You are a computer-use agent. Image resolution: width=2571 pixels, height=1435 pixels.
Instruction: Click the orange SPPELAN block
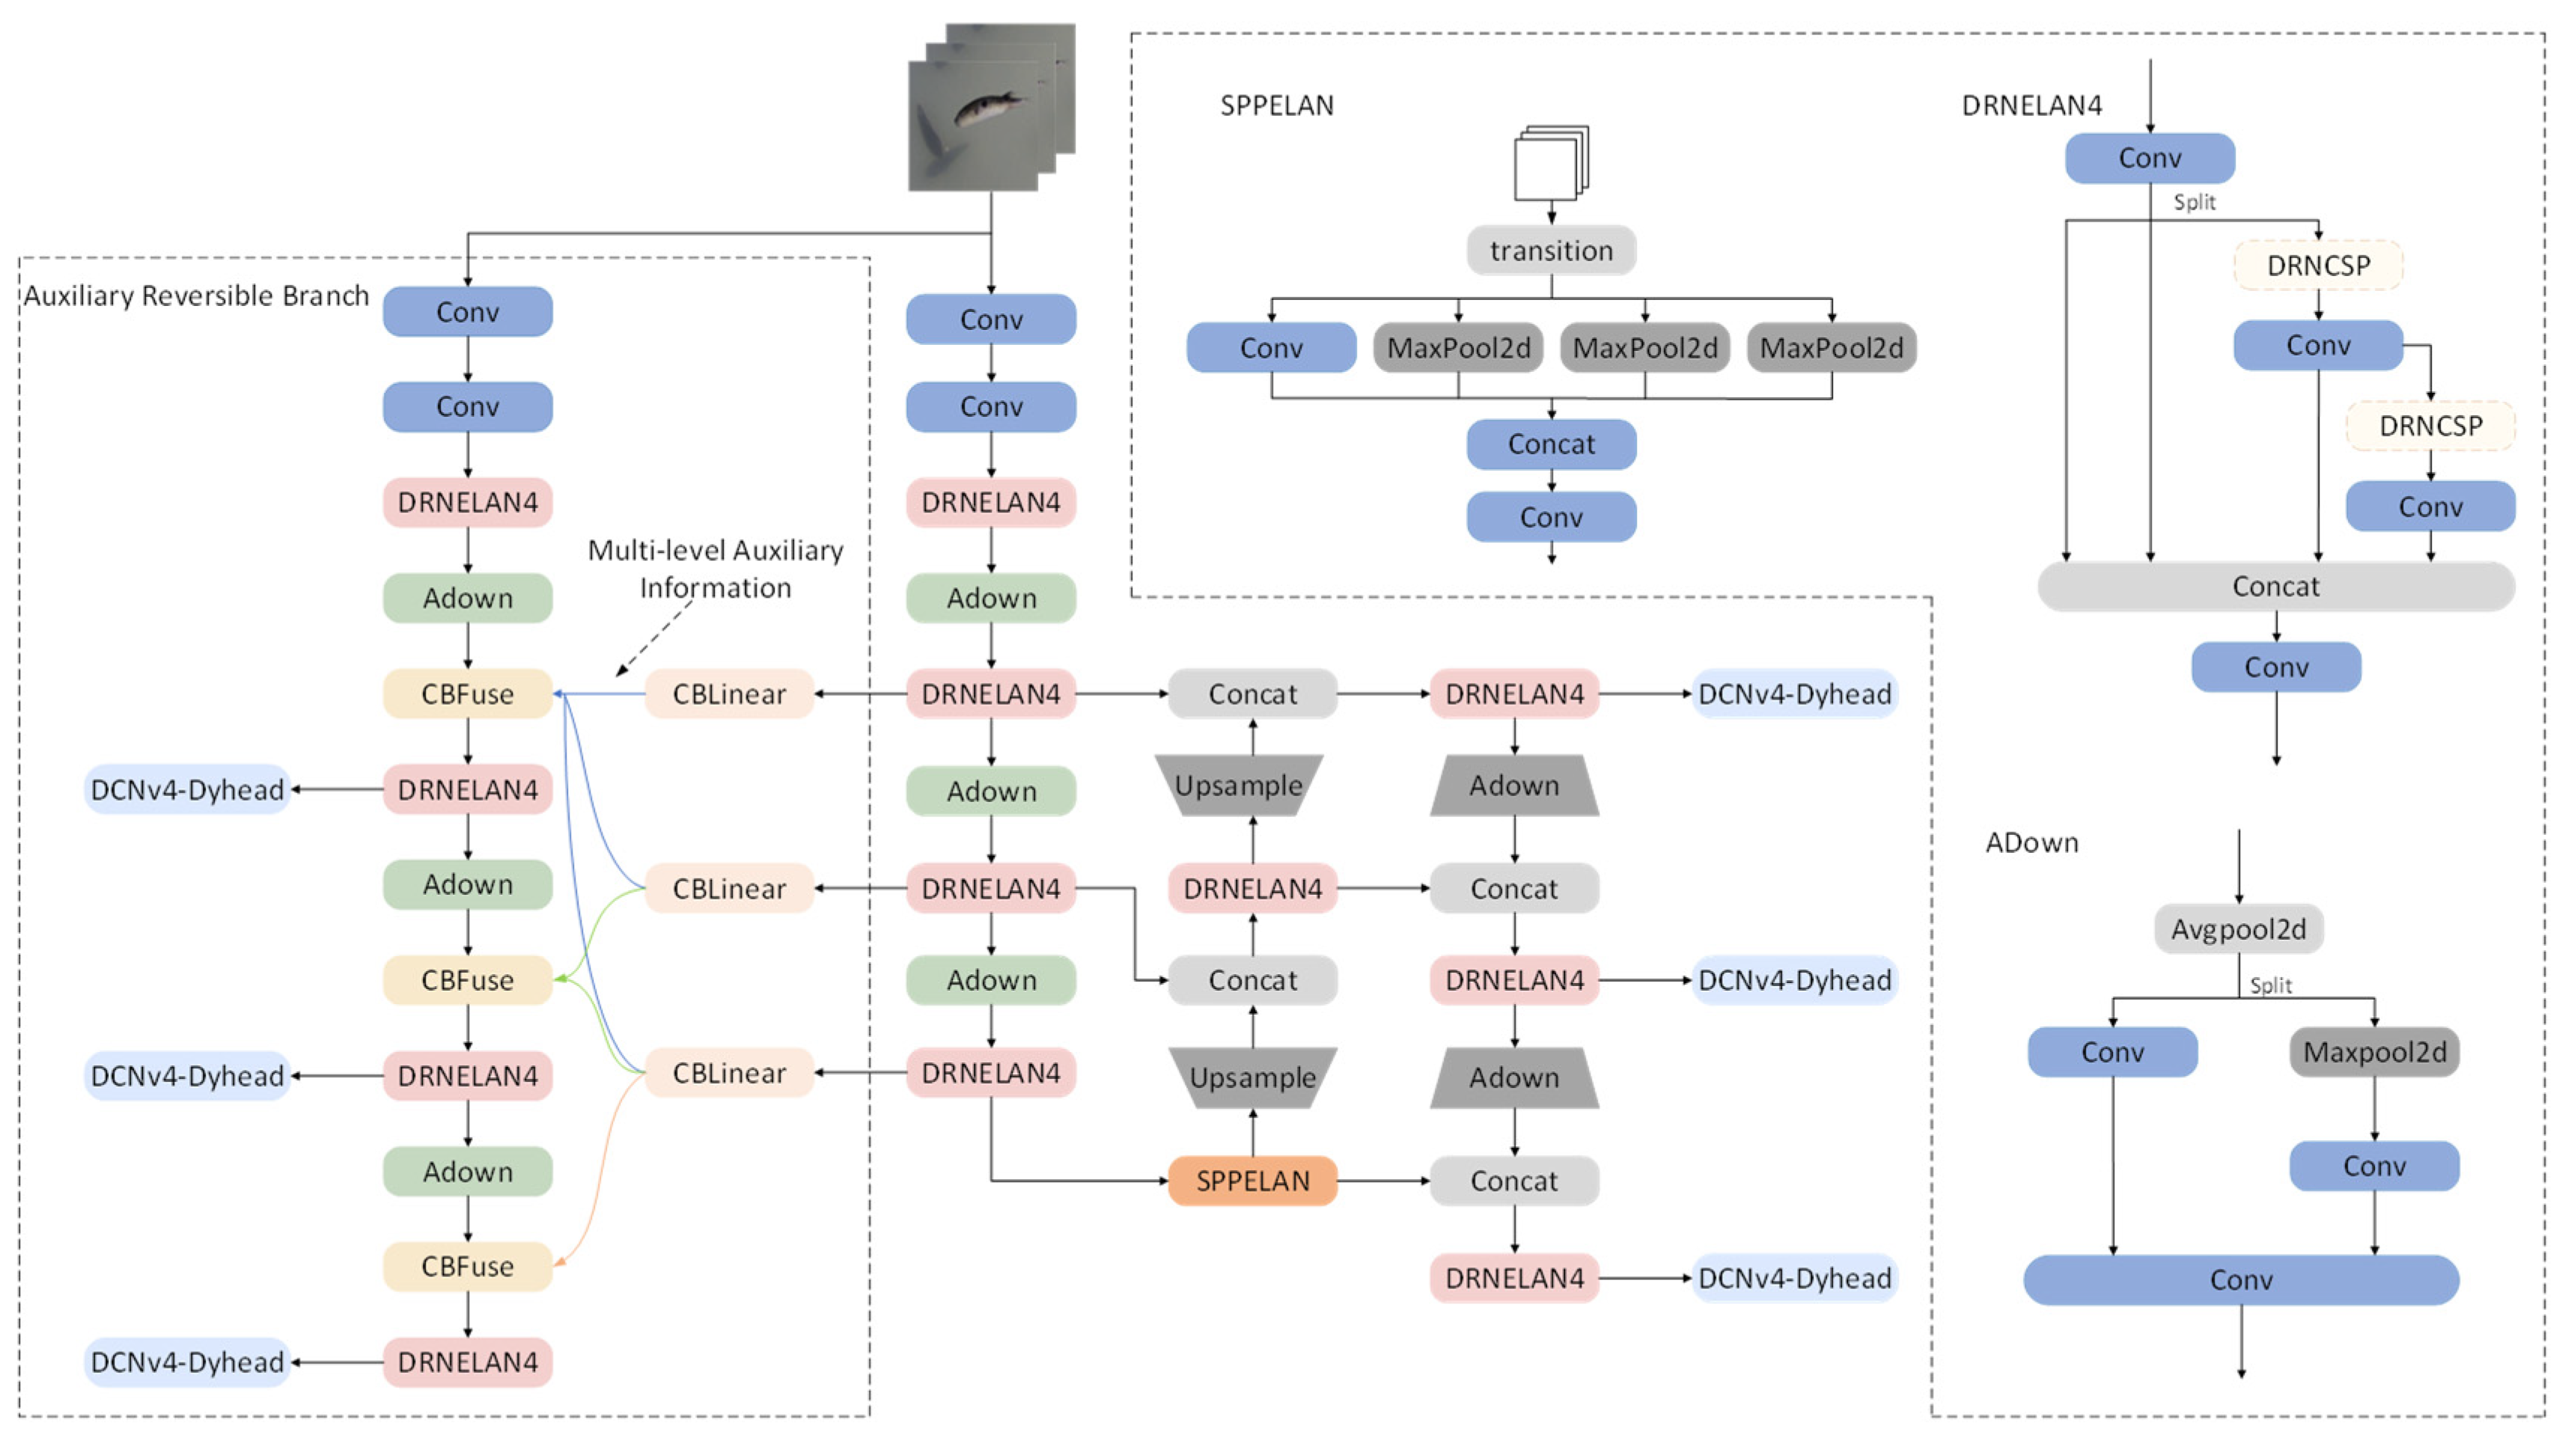click(x=1252, y=1181)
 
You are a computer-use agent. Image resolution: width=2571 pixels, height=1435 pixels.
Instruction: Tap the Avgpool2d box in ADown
click(x=2239, y=929)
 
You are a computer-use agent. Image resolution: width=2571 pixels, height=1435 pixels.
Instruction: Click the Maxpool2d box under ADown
click(x=2374, y=1052)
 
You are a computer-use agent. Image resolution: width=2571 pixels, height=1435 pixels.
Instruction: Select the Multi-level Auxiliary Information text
click(x=716, y=569)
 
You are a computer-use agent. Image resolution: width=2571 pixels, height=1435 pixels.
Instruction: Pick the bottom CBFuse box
click(x=467, y=1267)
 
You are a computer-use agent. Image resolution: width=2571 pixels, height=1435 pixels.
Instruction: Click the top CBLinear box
click(x=730, y=694)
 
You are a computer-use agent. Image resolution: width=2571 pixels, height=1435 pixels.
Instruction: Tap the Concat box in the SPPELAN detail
click(x=1551, y=444)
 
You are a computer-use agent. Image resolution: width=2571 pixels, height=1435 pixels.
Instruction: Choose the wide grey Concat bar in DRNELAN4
click(x=2275, y=586)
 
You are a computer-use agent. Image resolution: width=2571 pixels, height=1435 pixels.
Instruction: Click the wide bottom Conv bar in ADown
click(x=2241, y=1279)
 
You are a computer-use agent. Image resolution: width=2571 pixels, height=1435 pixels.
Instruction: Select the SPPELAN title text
click(x=1276, y=105)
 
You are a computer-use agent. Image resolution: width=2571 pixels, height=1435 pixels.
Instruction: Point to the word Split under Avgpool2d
click(x=2271, y=986)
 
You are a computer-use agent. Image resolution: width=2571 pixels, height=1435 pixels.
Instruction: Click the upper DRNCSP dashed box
click(x=2317, y=266)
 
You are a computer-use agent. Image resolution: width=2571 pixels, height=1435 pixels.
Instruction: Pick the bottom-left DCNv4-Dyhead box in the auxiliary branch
click(x=188, y=1362)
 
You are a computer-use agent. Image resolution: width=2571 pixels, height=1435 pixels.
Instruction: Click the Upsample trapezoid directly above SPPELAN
click(x=1252, y=1078)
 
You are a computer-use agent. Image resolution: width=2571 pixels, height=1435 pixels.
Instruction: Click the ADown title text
click(x=2031, y=843)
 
